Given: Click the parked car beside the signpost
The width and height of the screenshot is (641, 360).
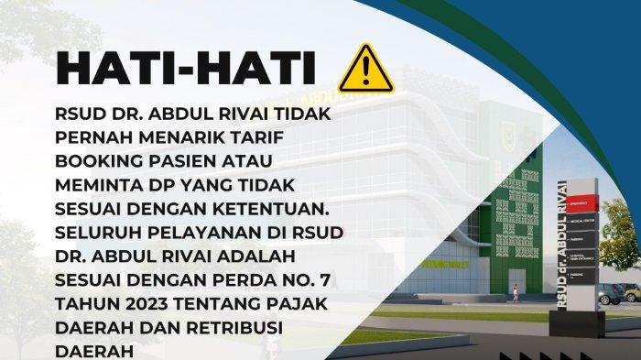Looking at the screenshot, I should pos(611,294).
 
